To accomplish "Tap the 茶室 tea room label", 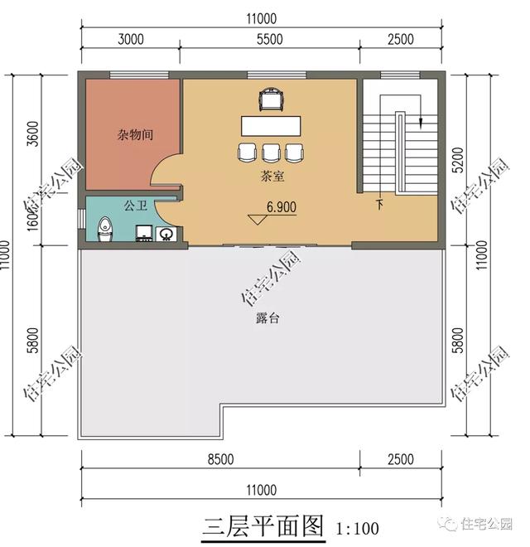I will click(x=272, y=177).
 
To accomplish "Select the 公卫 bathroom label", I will click(x=135, y=204).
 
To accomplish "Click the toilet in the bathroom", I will click(x=104, y=228).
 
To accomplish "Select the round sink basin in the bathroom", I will click(x=165, y=234).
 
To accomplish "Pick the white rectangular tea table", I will click(x=272, y=126).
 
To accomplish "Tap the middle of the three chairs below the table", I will click(x=271, y=152).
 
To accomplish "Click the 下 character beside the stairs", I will click(x=379, y=204).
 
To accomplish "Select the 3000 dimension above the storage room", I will click(x=131, y=39).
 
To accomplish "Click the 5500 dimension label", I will click(x=270, y=39).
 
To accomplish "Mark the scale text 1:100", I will click(x=358, y=527).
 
